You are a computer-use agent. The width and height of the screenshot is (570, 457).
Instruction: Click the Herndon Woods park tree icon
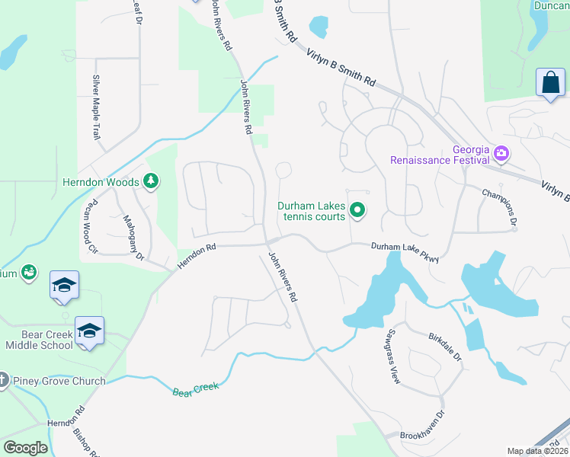click(x=152, y=181)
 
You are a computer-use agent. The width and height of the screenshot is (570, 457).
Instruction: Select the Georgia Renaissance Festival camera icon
click(x=501, y=154)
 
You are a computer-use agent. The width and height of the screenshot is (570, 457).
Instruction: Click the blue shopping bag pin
click(x=550, y=82)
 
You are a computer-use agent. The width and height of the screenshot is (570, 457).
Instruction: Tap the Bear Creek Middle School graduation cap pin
click(x=89, y=331)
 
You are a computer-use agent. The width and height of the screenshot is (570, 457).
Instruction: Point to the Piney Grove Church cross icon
click(x=2, y=379)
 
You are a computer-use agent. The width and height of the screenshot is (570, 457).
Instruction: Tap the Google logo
click(x=26, y=447)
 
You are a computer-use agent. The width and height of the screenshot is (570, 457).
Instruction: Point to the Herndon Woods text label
click(x=101, y=183)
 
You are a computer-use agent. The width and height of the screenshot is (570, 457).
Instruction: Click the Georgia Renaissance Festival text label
click(x=439, y=155)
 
